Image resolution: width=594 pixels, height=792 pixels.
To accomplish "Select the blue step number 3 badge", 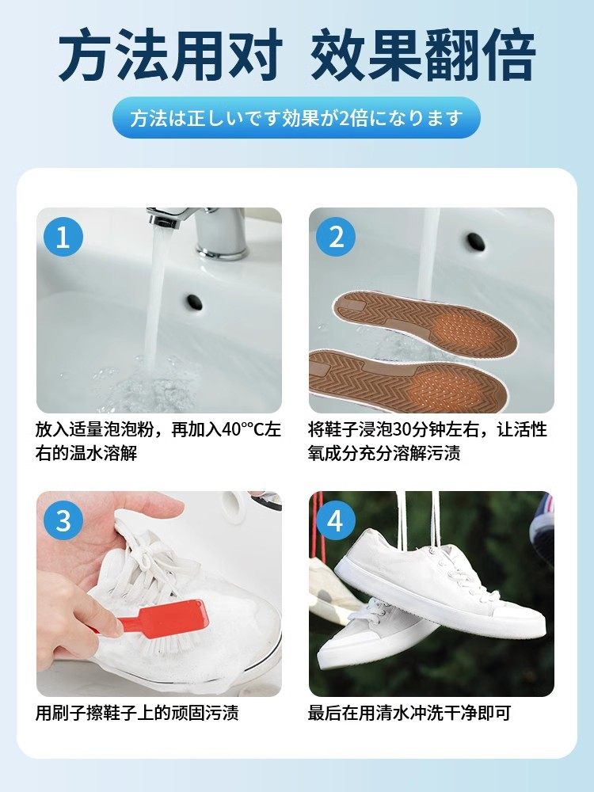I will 63,521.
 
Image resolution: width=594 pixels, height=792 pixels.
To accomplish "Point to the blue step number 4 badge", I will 336,521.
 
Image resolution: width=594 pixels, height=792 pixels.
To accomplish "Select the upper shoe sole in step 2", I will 424,322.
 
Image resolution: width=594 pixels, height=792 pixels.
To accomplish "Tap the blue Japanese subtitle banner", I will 296,119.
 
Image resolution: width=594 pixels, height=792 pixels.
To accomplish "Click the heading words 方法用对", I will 170,55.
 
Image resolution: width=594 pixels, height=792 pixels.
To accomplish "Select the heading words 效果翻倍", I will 423,55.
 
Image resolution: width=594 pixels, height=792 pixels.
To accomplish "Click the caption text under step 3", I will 137,713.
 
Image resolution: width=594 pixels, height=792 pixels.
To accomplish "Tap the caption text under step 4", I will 409,713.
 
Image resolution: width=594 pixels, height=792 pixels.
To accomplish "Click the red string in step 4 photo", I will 318,523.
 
